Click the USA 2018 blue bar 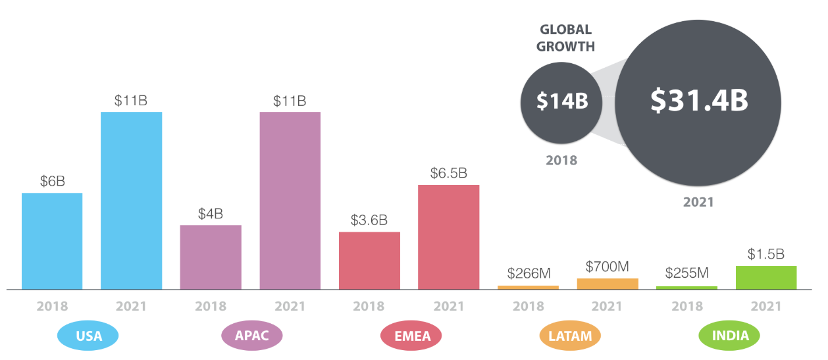(x=52, y=241)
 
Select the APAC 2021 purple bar (x=290, y=200)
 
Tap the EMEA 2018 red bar (x=369, y=260)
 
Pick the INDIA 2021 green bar (x=766, y=277)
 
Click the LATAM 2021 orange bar (x=608, y=284)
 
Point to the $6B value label (x=52, y=181)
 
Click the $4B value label (x=211, y=214)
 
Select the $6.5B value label (x=449, y=173)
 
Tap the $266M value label (x=528, y=273)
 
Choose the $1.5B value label (x=766, y=254)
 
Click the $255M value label (x=686, y=273)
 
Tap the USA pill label (x=88, y=336)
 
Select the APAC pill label (x=252, y=336)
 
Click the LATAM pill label (x=570, y=336)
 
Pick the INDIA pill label (x=729, y=336)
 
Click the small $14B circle (x=560, y=102)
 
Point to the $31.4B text (x=700, y=100)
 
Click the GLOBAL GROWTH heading (x=565, y=38)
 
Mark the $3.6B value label (x=369, y=220)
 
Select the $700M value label (x=608, y=267)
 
